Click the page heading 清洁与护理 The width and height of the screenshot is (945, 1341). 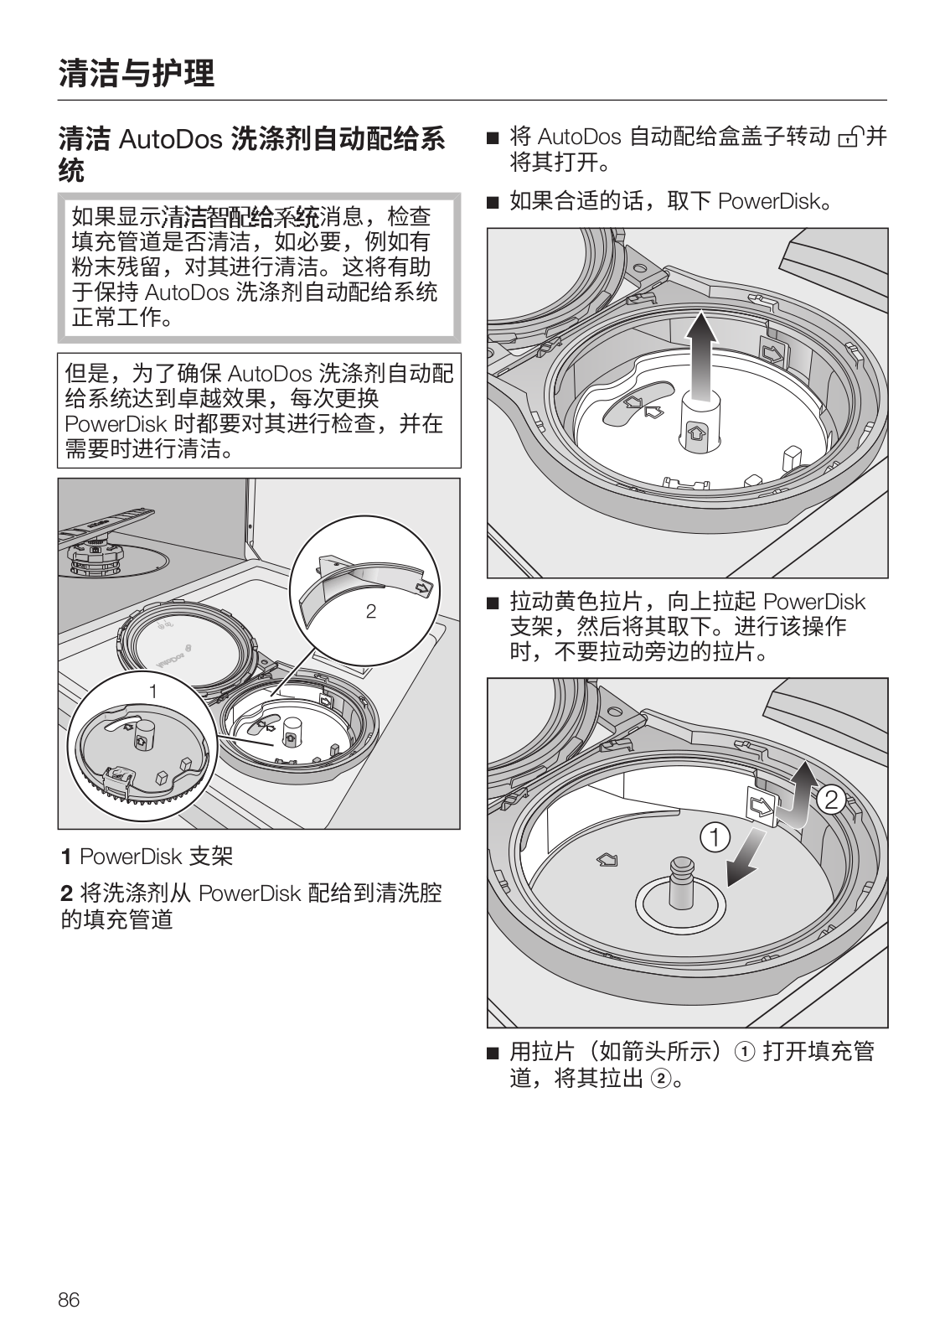[x=137, y=74]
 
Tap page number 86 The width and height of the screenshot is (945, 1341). [x=69, y=1300]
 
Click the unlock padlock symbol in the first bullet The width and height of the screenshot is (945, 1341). [x=849, y=137]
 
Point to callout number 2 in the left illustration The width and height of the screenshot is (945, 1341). [x=371, y=612]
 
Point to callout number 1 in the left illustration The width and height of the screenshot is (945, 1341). [x=153, y=691]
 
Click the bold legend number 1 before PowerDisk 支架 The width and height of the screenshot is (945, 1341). [x=65, y=857]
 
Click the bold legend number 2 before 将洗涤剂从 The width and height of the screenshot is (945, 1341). [x=65, y=893]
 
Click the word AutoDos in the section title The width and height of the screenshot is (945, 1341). [x=169, y=139]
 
